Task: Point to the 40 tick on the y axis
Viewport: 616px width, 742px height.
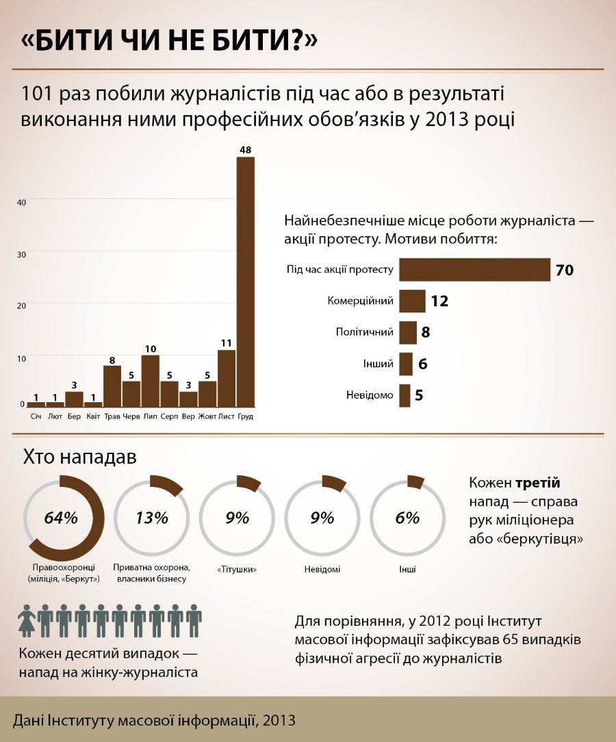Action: [21, 202]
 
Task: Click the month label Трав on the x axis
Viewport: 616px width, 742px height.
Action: [112, 416]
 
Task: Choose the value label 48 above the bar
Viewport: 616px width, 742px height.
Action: [245, 149]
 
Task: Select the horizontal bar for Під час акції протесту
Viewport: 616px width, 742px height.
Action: [474, 269]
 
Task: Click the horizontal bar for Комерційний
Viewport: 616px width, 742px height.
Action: [412, 301]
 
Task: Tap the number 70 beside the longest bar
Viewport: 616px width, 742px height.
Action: [564, 270]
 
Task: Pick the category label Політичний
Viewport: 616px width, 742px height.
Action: [365, 332]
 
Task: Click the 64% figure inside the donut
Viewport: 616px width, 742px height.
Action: [61, 518]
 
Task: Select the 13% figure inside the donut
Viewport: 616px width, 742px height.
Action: [151, 518]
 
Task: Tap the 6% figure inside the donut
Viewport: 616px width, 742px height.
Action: [407, 518]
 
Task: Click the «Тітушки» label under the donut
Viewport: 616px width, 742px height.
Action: [237, 569]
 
